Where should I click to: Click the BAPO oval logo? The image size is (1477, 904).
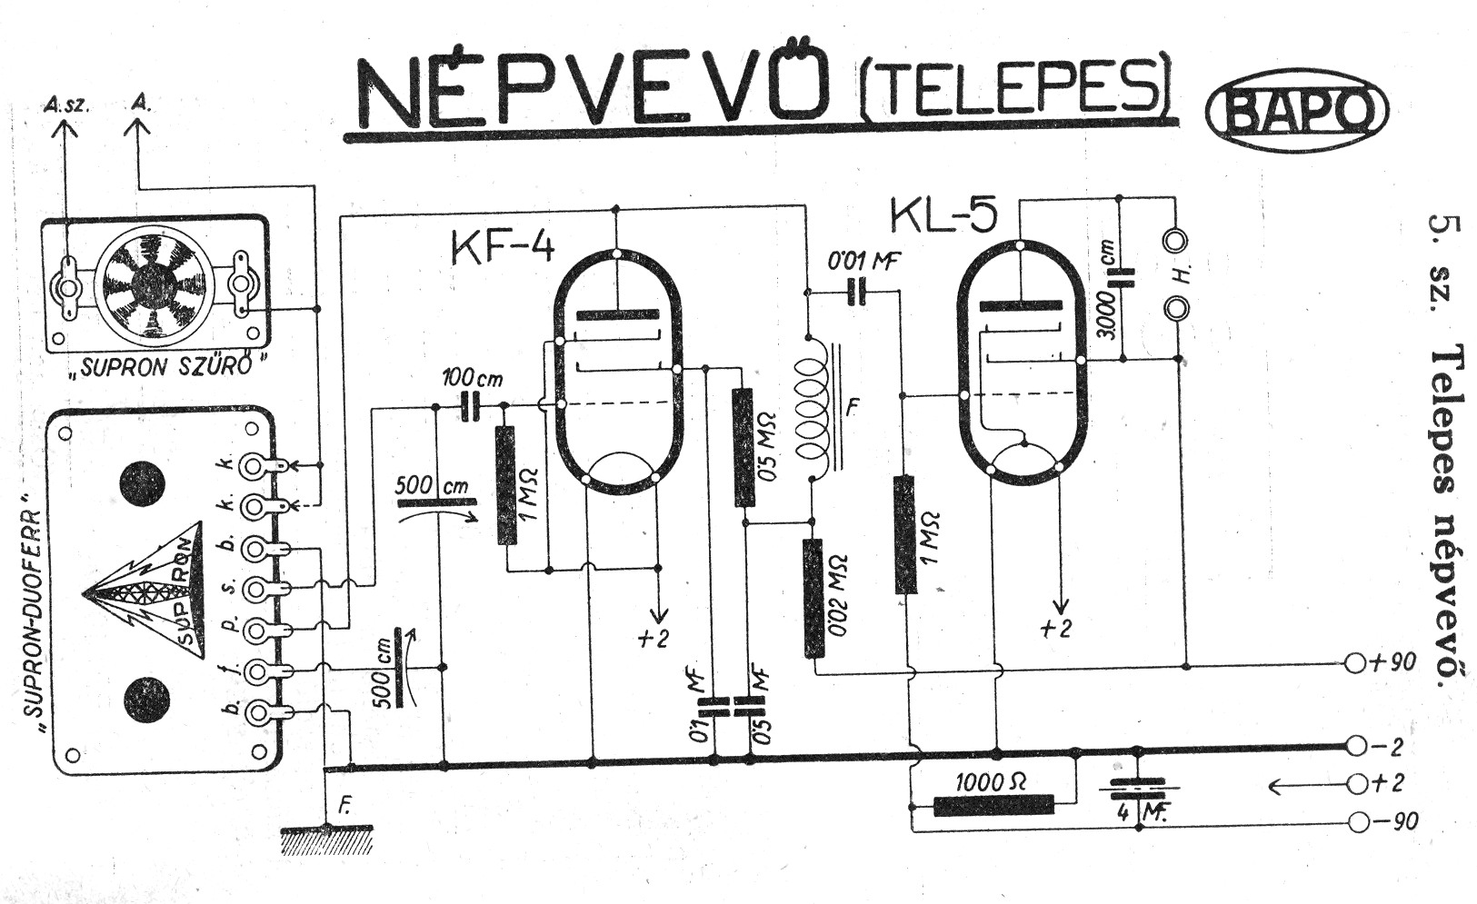point(1296,110)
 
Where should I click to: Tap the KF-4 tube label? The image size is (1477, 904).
point(502,245)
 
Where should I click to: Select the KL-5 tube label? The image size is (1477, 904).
point(943,215)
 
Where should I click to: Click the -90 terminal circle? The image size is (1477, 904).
point(1358,821)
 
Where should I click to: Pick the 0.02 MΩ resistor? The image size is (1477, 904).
point(813,597)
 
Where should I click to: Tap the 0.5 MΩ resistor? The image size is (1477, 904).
point(744,446)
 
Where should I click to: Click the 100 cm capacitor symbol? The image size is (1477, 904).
point(471,406)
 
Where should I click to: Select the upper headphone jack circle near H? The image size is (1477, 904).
point(1177,242)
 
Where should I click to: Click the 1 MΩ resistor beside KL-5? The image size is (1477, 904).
point(904,533)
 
